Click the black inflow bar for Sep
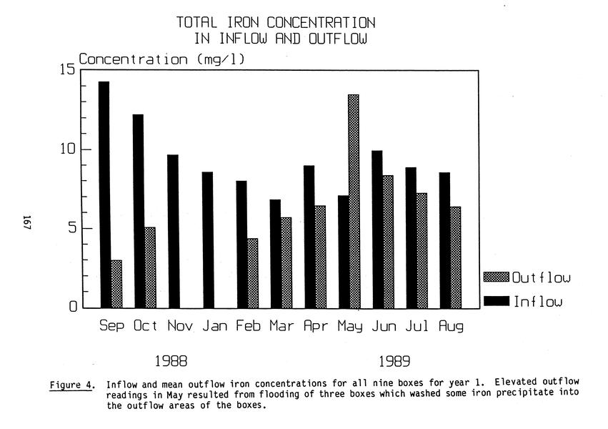point(104,195)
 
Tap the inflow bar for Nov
point(173,232)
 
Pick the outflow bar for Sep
point(116,284)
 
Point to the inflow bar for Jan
point(207,240)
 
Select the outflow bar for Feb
point(252,273)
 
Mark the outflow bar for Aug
point(455,257)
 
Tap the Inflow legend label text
point(537,301)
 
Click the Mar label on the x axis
point(281,327)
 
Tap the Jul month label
point(417,327)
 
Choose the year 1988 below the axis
point(171,361)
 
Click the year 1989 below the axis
point(394,361)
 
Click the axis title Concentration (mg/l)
point(161,59)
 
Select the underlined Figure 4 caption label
point(72,385)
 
